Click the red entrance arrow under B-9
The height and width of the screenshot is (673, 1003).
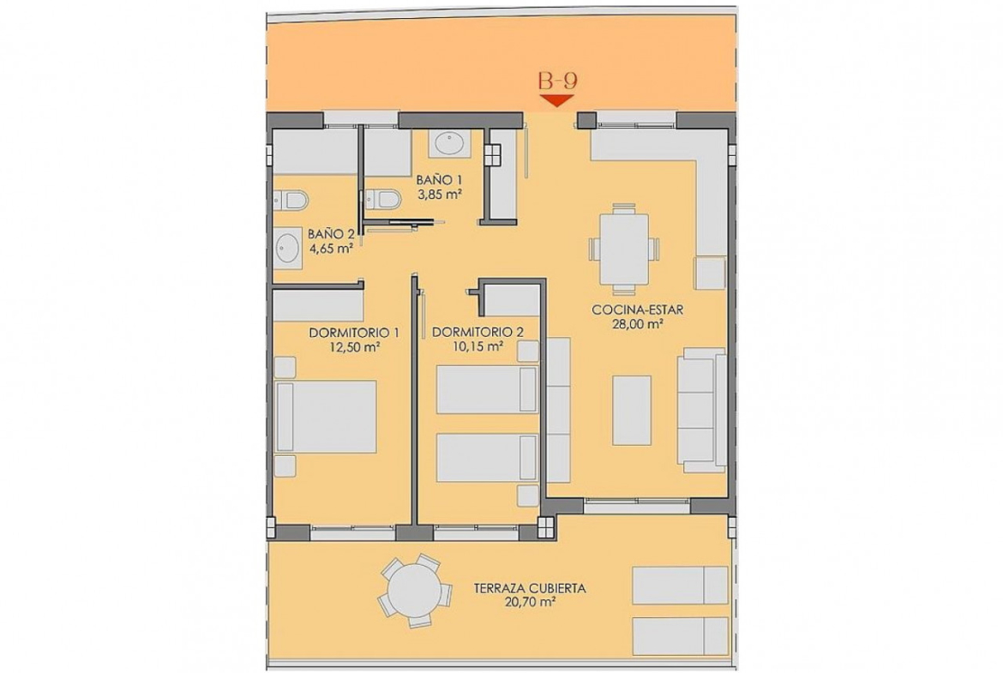[x=556, y=100]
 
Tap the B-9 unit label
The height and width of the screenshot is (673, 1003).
[x=558, y=81]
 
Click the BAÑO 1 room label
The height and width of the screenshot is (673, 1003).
[x=439, y=180]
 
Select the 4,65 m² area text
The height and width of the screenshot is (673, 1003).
[x=332, y=249]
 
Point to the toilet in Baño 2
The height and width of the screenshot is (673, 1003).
[x=291, y=201]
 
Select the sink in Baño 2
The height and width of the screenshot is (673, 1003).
[x=288, y=247]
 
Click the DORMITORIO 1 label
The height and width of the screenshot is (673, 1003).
[x=354, y=333]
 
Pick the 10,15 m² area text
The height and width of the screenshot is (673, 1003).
[x=477, y=347]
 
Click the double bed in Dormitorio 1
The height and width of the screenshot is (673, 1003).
[x=326, y=418]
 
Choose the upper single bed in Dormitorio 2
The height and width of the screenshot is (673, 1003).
[x=487, y=389]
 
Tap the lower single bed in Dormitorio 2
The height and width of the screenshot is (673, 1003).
[x=487, y=458]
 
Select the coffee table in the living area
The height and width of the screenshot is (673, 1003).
[x=632, y=410]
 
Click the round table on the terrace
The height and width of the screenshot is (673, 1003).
[x=415, y=591]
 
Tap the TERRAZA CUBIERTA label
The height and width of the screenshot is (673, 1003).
[x=531, y=589]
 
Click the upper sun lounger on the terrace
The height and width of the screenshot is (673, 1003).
[x=680, y=586]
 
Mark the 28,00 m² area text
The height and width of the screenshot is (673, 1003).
[x=637, y=324]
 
